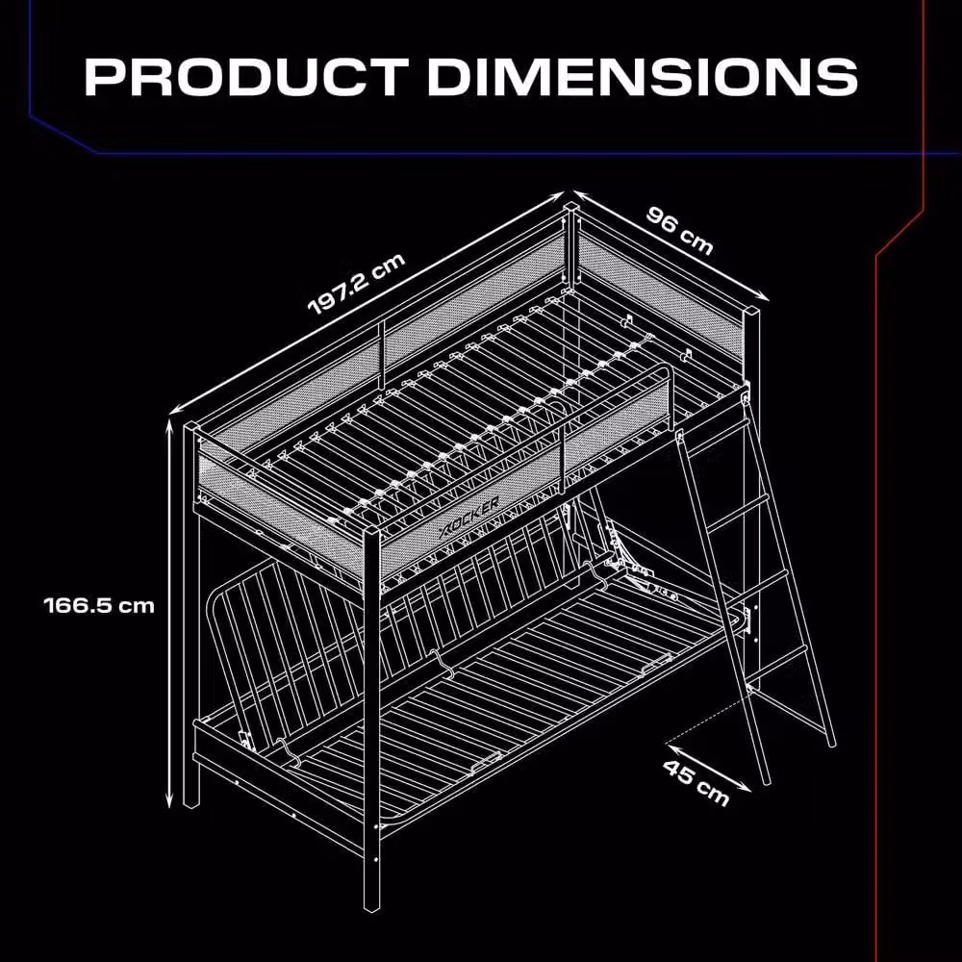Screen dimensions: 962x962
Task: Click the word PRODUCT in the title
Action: (x=246, y=77)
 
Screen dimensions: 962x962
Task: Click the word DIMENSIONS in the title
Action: (x=643, y=77)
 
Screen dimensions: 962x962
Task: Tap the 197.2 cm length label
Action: (x=357, y=284)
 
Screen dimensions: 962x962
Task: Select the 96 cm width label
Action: (x=680, y=231)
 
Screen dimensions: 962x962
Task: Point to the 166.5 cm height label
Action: (x=99, y=605)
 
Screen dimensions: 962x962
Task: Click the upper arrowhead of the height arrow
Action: (x=170, y=424)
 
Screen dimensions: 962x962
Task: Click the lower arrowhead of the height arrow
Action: (x=170, y=802)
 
